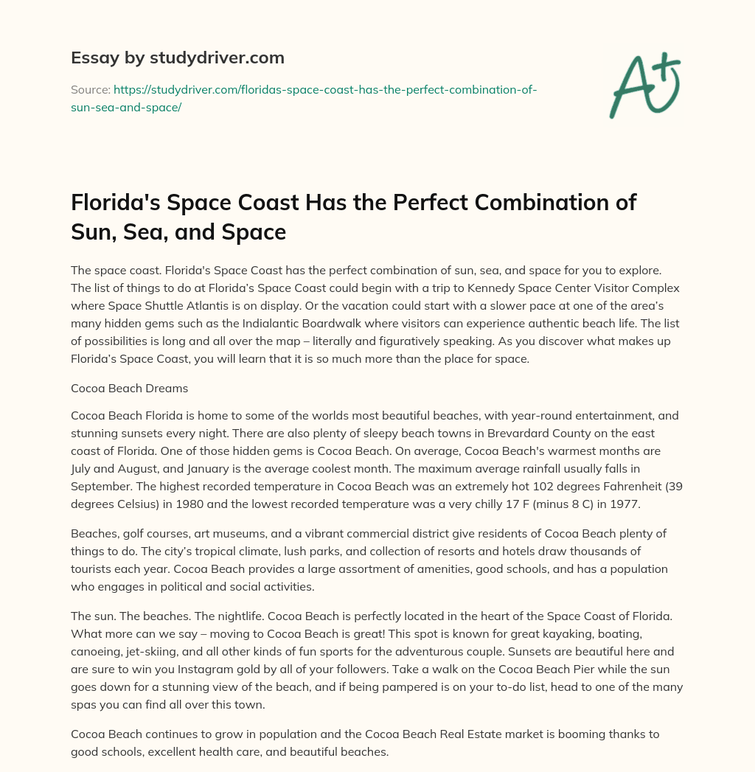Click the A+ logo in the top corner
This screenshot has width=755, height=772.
pos(644,84)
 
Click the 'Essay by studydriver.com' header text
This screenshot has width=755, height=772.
pos(178,58)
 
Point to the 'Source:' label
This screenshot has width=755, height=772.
pos(90,90)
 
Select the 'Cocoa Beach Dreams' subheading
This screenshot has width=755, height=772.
pos(129,388)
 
